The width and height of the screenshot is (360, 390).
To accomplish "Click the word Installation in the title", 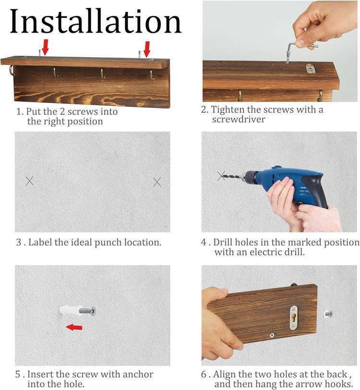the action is [x=96, y=21].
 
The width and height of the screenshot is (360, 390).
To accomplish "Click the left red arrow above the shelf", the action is [x=45, y=48].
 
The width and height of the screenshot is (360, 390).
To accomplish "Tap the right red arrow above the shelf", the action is [x=147, y=49].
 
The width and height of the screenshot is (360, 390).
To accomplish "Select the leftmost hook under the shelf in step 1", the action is [x=12, y=70].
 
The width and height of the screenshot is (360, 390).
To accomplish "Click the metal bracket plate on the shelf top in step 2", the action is [x=310, y=69].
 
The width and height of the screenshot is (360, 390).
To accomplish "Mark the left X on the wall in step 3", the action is [x=30, y=181].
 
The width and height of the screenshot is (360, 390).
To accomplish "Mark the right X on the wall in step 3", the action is [x=157, y=183].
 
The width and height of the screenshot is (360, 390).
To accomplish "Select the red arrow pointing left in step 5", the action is [x=74, y=327].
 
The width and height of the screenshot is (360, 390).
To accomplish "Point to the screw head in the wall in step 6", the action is [x=328, y=314].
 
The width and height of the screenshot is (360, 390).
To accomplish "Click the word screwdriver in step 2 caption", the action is [x=239, y=120].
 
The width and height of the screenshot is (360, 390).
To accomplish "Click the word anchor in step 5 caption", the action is [x=138, y=374].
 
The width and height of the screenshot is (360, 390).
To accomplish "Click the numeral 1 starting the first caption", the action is [x=19, y=112].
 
